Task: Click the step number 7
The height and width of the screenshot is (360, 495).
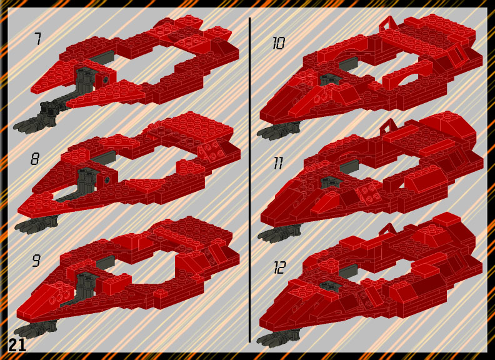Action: coord(37,39)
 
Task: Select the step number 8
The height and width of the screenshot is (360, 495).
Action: coord(35,159)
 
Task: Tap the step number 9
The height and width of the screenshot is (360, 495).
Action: coord(36,261)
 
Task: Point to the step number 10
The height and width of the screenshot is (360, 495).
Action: coord(279,43)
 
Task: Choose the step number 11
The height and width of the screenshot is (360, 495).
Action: coord(277,163)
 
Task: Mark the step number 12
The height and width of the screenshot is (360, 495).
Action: coord(279,267)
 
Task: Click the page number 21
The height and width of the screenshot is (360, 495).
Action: coord(17,346)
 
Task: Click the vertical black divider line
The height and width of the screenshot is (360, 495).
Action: coord(250,180)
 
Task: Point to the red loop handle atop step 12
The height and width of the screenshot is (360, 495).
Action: coord(389,229)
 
